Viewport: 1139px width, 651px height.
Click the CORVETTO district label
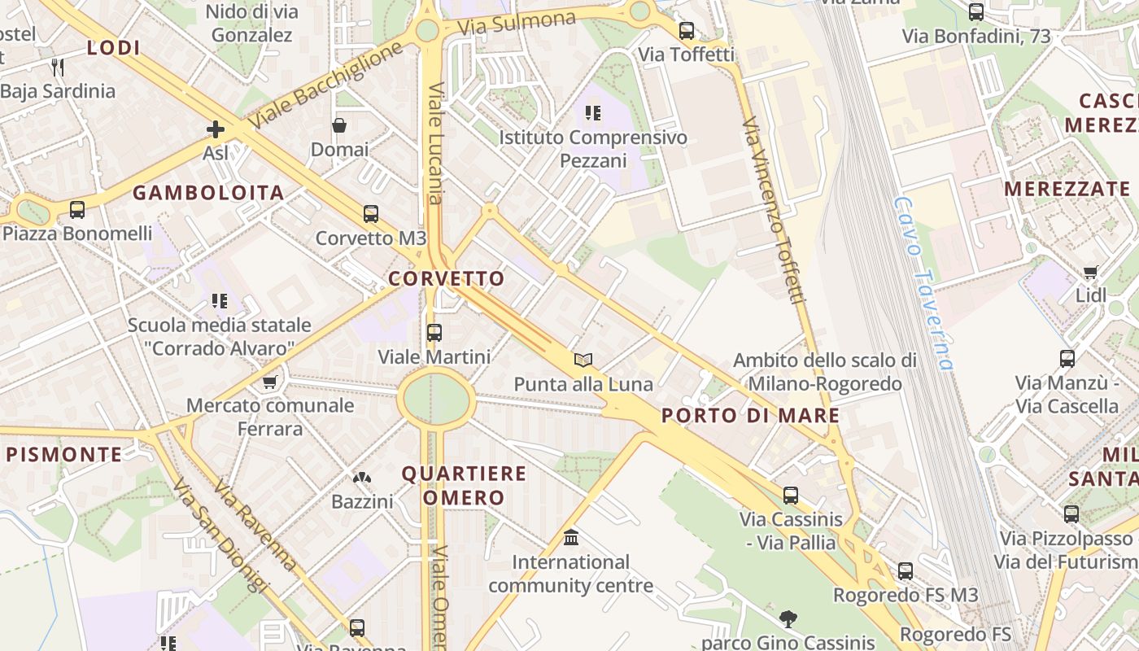coord(447,278)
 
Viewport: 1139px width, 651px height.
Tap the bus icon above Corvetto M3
coord(371,214)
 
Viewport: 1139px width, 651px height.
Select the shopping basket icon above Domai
coord(339,125)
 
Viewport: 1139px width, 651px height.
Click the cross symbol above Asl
coord(216,129)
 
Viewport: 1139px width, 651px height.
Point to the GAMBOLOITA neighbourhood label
coord(208,193)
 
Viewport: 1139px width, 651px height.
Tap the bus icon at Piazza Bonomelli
coord(77,210)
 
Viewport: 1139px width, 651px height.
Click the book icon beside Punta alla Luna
coord(583,360)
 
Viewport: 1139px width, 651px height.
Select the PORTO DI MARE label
coord(750,416)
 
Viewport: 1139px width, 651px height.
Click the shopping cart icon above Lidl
coord(1091,272)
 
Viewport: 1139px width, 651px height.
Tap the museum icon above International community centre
coord(571,538)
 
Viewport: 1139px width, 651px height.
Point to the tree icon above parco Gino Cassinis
coord(788,618)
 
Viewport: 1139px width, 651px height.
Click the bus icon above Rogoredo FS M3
coord(906,571)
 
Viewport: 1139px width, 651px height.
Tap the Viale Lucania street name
coord(436,142)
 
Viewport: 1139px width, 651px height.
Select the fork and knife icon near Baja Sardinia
coord(57,67)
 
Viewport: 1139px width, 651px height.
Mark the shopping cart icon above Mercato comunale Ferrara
coord(269,382)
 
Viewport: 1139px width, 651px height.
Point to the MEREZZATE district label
coord(1067,190)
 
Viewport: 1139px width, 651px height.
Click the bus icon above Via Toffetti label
coord(687,31)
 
